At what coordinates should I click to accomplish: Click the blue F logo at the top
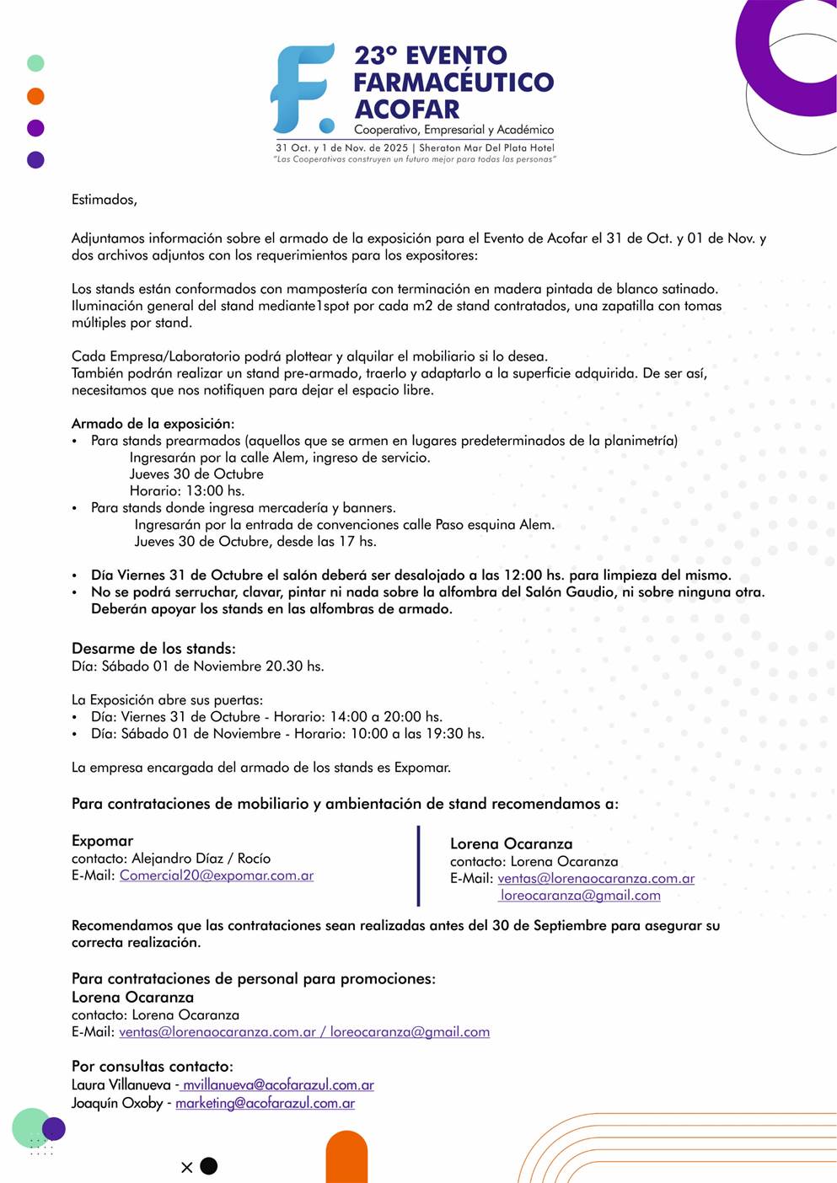[x=302, y=88]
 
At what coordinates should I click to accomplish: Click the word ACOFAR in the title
[x=407, y=110]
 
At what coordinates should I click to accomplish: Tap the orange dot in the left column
[x=35, y=96]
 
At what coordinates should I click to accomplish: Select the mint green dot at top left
[x=35, y=63]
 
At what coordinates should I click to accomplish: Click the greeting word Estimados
[x=104, y=200]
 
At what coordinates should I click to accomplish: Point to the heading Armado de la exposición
[x=153, y=424]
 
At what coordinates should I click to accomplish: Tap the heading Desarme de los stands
[x=153, y=649]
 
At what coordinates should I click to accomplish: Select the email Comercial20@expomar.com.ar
[x=217, y=875]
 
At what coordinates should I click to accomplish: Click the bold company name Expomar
[x=102, y=841]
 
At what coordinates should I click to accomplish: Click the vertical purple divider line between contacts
[x=418, y=865]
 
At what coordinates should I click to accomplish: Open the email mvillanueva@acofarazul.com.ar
[x=278, y=1085]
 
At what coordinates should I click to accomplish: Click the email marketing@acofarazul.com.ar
[x=265, y=1103]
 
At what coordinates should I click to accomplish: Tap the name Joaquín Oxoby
[x=116, y=1103]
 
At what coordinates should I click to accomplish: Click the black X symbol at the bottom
[x=187, y=1167]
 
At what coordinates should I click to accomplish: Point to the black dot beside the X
[x=209, y=1166]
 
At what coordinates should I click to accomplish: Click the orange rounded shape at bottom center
[x=346, y=1158]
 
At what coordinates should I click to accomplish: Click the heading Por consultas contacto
[x=152, y=1067]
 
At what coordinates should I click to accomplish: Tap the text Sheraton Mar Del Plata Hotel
[x=486, y=147]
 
